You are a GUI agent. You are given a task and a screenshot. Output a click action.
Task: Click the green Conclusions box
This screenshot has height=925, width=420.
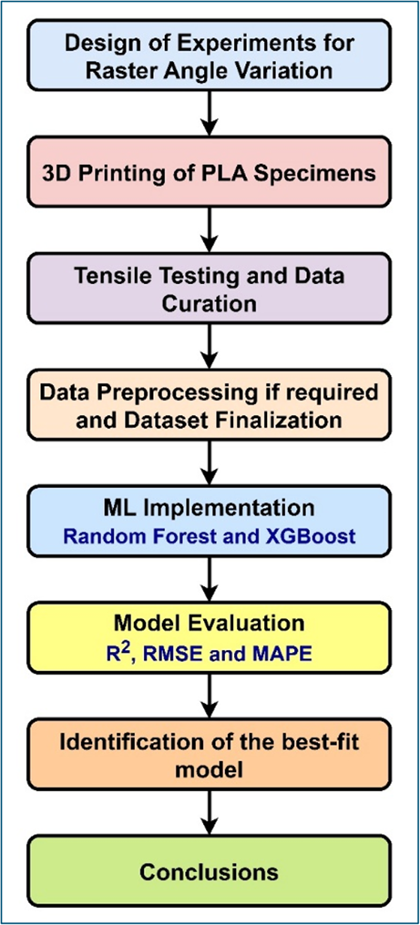210,871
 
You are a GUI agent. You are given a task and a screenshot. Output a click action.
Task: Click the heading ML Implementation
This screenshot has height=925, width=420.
210,506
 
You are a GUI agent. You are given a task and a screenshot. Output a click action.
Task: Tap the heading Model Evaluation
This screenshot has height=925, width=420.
210,623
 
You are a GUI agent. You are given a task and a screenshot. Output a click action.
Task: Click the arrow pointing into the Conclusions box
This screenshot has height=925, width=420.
210,813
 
